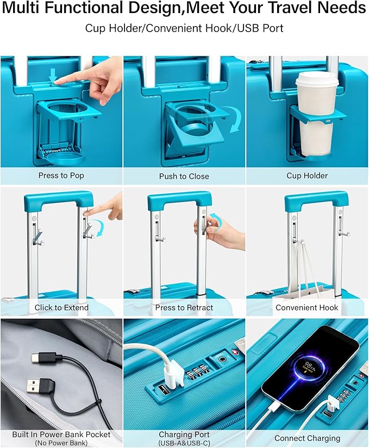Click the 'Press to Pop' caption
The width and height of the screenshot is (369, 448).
(x=61, y=175)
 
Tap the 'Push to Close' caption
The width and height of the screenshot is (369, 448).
(x=184, y=176)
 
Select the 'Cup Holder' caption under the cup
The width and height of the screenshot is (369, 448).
(x=307, y=175)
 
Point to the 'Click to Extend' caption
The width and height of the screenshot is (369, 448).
(x=61, y=307)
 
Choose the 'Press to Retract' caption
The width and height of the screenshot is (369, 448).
(x=184, y=307)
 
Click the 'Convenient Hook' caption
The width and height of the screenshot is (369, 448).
(x=307, y=307)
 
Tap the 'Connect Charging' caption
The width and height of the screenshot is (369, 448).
(x=307, y=438)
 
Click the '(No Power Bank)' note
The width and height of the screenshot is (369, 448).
(x=61, y=443)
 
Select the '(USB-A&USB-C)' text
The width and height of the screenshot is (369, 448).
(x=184, y=443)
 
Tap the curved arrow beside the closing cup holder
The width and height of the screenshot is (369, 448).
(x=233, y=119)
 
